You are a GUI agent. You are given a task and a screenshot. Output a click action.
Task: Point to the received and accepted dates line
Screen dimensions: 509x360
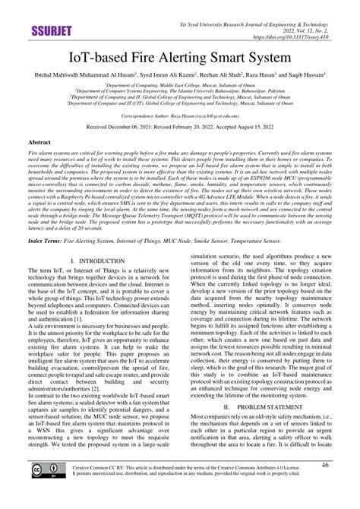click(179, 128)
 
